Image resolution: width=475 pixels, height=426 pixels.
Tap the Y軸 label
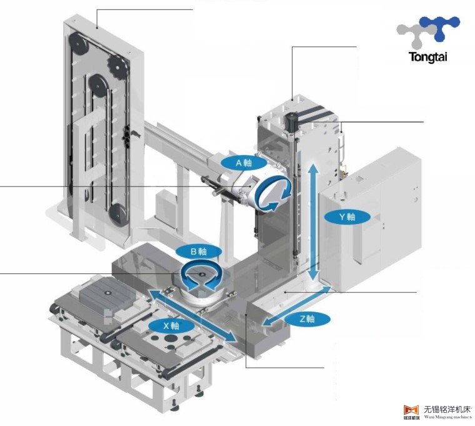347,216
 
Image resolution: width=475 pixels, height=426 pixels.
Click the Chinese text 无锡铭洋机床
446,410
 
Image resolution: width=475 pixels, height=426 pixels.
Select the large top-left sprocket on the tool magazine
78,44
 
